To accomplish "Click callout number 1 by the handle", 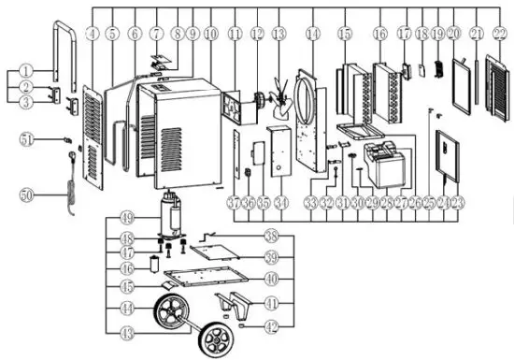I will (27, 70).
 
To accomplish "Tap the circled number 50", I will (27, 194).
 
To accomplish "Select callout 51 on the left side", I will (27, 140).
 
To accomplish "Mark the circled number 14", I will (312, 33).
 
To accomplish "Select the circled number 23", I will (458, 202).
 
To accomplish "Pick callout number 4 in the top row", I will (92, 33).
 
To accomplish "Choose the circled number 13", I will (278, 33).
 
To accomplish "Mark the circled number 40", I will (272, 279).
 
